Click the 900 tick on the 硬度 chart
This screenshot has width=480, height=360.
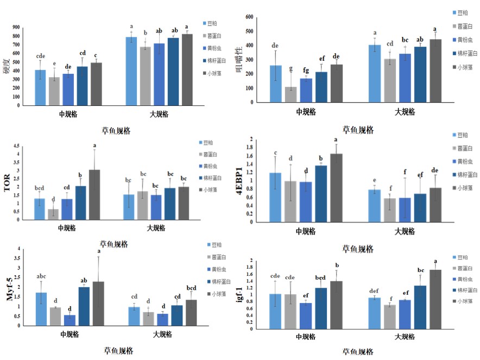coord(17,27)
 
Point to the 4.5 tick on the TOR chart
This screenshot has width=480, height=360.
coord(17,146)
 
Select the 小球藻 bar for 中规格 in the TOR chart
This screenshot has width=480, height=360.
coord(94,195)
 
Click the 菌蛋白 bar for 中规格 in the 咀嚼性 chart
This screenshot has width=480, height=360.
coord(291,94)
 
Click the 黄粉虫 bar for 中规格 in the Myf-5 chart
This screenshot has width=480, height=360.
coord(70,320)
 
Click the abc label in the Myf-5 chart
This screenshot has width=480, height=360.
coord(41,276)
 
